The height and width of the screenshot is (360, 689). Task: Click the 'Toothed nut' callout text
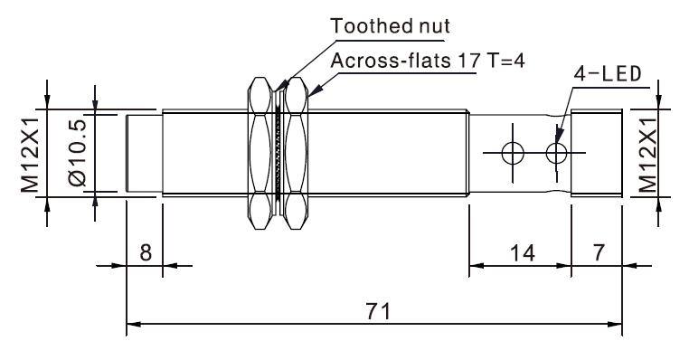(391, 26)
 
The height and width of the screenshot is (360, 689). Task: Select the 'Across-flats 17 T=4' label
(428, 61)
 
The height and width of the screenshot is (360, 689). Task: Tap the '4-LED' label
(608, 74)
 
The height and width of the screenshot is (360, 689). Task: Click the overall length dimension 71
(378, 311)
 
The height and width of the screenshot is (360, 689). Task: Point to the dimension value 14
(523, 253)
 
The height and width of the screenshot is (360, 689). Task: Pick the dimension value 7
(599, 252)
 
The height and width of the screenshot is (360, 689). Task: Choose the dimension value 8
(146, 252)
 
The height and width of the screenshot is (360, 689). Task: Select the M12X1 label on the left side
(31, 152)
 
